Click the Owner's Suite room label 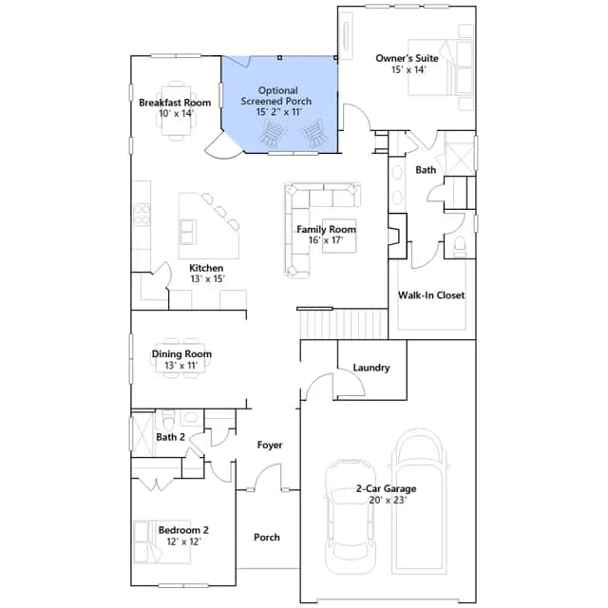click(x=407, y=58)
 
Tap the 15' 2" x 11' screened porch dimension click(x=278, y=112)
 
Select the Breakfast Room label click(x=175, y=103)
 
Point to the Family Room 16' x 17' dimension click(x=326, y=240)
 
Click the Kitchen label click(x=206, y=268)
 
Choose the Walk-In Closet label click(x=431, y=295)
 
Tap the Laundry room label click(x=371, y=368)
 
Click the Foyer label click(x=270, y=446)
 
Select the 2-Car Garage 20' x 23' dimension click(x=388, y=501)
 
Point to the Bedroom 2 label click(x=183, y=530)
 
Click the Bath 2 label click(x=170, y=437)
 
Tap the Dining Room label click(x=181, y=354)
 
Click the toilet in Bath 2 click(x=169, y=418)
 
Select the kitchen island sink click(x=188, y=232)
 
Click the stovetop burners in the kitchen click(x=142, y=215)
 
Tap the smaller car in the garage click(x=351, y=517)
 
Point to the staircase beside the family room click(x=344, y=324)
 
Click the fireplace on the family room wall click(x=397, y=236)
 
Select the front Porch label click(x=267, y=538)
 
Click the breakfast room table click(x=177, y=110)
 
